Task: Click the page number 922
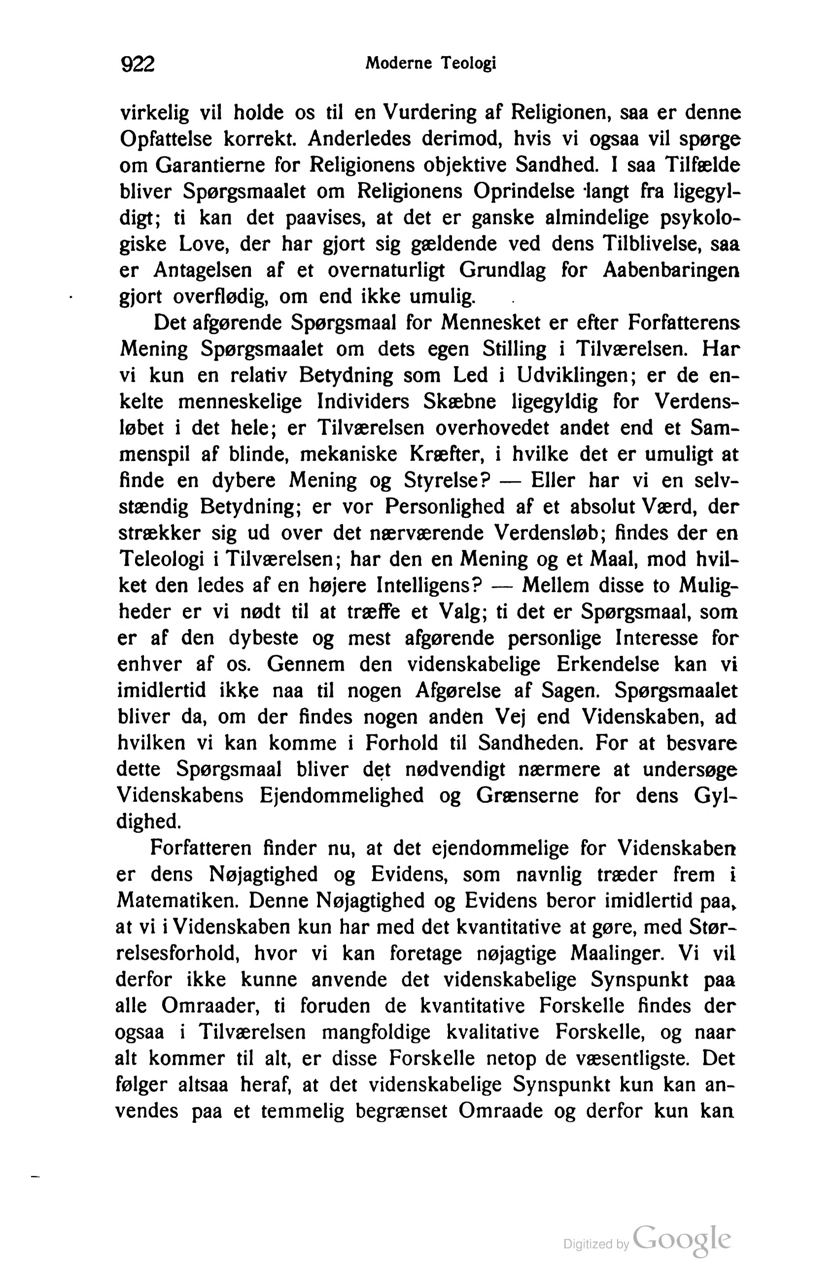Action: click(x=138, y=65)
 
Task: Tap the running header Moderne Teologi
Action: click(x=430, y=64)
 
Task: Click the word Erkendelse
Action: click(x=607, y=665)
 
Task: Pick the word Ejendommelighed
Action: click(x=342, y=796)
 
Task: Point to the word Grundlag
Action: click(x=502, y=270)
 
